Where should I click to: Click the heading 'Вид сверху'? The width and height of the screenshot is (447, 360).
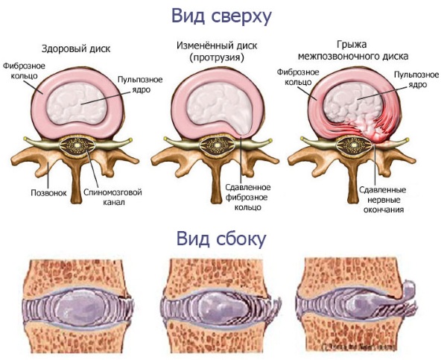click(x=221, y=16)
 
